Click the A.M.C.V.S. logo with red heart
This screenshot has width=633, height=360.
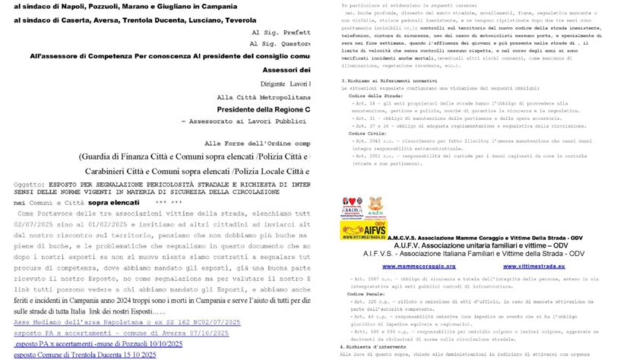[x=352, y=204]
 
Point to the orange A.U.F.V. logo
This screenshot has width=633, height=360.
[x=374, y=205]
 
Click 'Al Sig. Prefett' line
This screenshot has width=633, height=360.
[x=280, y=33]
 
